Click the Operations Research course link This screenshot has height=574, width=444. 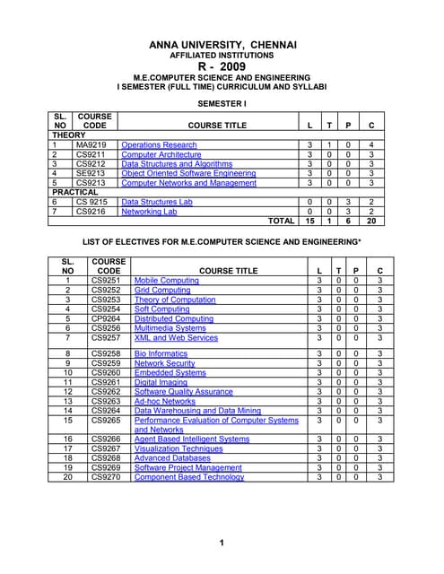(159, 144)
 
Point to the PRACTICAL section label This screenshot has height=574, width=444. (75, 192)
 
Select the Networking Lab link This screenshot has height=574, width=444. (149, 212)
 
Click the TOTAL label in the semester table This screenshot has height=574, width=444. (281, 221)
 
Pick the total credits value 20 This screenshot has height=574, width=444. (371, 221)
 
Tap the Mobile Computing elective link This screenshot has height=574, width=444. (167, 281)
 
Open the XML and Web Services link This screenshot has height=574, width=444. (176, 338)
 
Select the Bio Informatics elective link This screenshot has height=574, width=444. (161, 354)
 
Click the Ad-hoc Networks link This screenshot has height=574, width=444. (164, 401)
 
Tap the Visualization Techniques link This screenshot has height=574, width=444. (178, 448)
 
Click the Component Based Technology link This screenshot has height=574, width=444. (189, 477)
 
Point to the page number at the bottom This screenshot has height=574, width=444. (221, 544)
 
